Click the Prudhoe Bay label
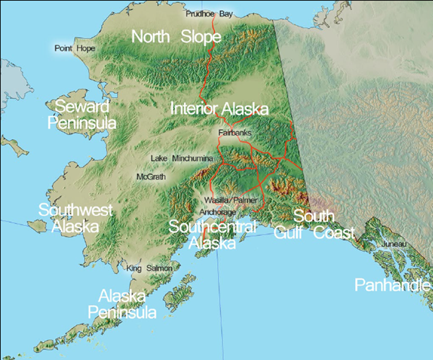[210, 14]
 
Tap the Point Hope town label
[74, 48]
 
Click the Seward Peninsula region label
[82, 115]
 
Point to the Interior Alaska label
[219, 109]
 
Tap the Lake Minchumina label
[181, 157]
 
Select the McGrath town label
[151, 176]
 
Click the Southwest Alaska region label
[75, 218]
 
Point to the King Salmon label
[149, 268]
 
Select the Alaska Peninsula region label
[123, 304]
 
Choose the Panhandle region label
[393, 286]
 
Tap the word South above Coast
[314, 216]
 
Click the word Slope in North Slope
[206, 36]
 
